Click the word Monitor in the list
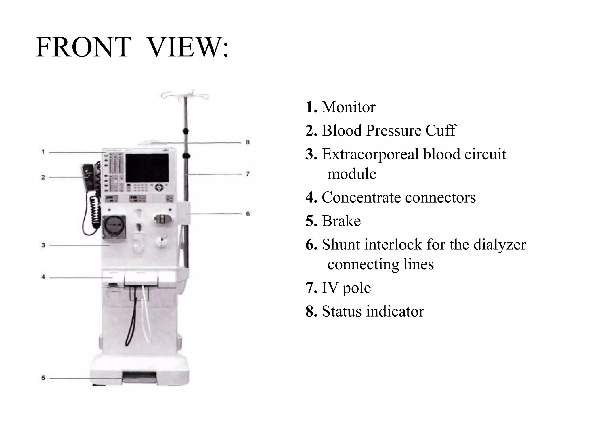pos(348,107)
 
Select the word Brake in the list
pos(341,221)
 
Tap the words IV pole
pos(346,288)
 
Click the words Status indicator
pos(373,311)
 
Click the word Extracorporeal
pos(370,154)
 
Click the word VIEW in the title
pos(184,47)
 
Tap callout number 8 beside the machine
pos(248,142)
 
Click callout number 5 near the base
pos(43,378)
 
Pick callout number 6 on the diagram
pos(248,214)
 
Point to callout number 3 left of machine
pos(43,245)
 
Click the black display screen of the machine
pos(147,168)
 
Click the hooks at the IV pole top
pos(185,95)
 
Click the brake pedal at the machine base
pos(139,377)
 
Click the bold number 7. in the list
pos(311,288)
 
